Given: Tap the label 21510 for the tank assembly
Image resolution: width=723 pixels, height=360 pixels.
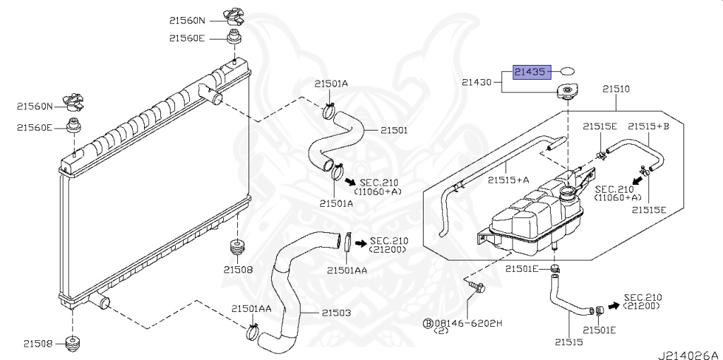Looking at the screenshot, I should point(616,90).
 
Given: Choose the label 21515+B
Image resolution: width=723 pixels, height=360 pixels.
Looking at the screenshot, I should point(648,126).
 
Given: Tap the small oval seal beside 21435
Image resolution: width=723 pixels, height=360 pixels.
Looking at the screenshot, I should point(567,71).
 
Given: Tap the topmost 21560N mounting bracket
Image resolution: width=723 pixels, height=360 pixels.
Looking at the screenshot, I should point(234,15).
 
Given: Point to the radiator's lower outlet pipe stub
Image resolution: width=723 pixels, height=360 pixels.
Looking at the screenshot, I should point(101,303).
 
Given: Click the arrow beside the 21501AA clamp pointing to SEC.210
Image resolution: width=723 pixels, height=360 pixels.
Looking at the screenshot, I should point(360,244).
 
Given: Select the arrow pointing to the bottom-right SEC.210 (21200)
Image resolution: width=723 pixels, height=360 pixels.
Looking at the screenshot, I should point(612,306).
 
